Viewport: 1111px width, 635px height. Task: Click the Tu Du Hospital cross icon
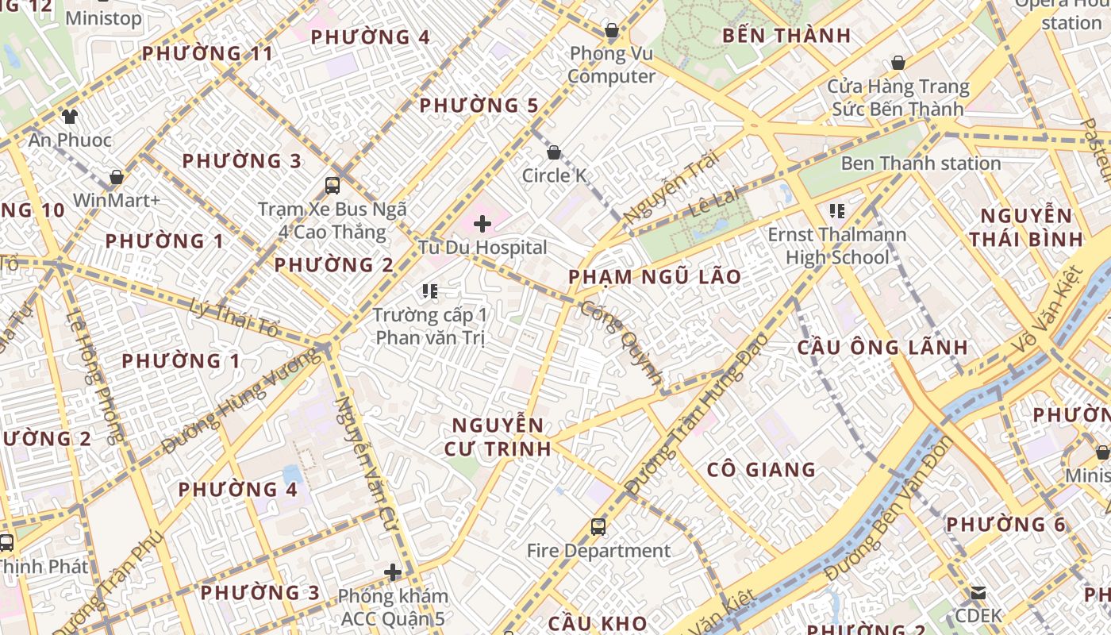tap(482, 224)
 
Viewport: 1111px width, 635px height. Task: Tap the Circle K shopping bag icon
tap(554, 152)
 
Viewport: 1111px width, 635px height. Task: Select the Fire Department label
tap(598, 550)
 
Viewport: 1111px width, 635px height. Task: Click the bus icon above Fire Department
tap(598, 526)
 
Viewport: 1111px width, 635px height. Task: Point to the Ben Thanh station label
tap(921, 164)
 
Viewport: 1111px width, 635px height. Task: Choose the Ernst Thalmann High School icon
tap(836, 211)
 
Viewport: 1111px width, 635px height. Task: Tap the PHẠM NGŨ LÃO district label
tap(655, 277)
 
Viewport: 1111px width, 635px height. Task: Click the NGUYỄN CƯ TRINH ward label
tap(498, 437)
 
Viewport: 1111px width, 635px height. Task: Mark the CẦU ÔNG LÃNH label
tap(882, 347)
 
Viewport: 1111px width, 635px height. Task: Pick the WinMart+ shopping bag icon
tap(117, 177)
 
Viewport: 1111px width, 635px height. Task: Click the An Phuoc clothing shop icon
tap(70, 117)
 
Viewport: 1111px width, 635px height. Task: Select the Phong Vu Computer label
tap(611, 65)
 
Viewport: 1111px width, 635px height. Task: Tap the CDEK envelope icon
tap(978, 592)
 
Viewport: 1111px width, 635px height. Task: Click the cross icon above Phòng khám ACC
tap(392, 572)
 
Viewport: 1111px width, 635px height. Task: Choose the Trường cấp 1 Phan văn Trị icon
tap(430, 291)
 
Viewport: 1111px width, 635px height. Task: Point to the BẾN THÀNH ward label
tap(786, 36)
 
